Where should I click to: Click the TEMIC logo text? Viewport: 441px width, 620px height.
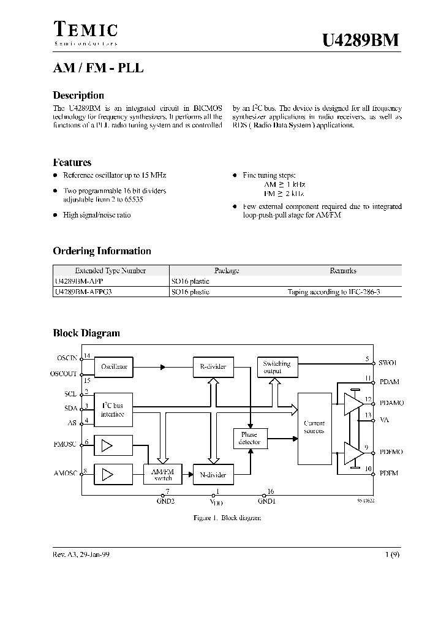86,30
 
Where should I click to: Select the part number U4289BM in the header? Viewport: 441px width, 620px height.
361,40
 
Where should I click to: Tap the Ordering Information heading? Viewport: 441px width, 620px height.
102,251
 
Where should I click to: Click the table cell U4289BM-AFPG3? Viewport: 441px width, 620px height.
84,292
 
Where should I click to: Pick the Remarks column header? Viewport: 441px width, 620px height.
342,270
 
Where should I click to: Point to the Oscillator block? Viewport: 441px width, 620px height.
115,366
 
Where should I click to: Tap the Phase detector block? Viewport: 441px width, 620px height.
249,438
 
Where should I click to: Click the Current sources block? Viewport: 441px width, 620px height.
314,427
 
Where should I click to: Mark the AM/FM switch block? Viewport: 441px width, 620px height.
163,474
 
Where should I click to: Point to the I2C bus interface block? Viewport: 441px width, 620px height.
113,410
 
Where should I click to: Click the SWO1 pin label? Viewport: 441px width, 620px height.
388,363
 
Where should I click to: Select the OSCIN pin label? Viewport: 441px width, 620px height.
68,357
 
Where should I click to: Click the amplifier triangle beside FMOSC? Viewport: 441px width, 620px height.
107,445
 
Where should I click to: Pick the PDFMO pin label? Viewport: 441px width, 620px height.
391,452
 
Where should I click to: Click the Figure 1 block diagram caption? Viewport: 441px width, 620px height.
227,518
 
